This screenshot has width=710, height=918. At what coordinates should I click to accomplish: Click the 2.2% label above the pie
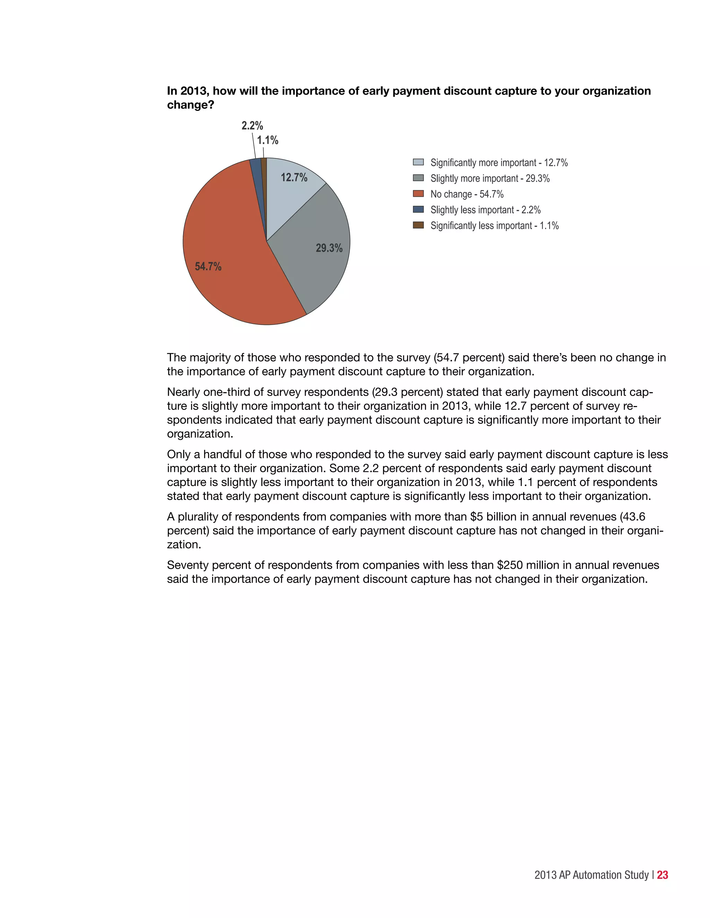click(252, 126)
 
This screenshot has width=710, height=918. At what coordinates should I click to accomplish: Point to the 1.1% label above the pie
click(268, 140)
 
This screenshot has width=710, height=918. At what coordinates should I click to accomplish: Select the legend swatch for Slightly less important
click(418, 209)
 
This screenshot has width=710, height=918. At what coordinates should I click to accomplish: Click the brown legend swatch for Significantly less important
click(418, 225)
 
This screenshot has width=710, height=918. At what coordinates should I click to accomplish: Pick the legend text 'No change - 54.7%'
click(467, 194)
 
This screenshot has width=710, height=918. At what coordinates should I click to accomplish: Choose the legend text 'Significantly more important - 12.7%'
click(499, 163)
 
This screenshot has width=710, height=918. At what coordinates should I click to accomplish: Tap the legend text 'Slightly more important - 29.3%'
click(490, 178)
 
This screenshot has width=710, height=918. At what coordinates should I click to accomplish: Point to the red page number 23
click(662, 875)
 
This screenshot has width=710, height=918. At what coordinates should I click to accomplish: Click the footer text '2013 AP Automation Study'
click(591, 875)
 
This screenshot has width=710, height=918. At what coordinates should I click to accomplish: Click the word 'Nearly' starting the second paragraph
click(183, 392)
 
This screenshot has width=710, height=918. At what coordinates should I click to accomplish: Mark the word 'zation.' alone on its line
click(184, 545)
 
